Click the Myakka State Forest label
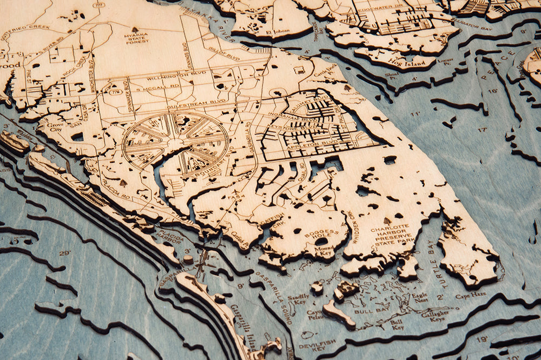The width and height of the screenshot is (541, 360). tap(137, 37)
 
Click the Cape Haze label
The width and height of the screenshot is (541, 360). tap(466, 296)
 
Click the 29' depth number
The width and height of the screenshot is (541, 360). tap(65, 253)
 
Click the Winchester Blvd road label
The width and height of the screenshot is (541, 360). tap(93, 76)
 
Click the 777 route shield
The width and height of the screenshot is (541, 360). tap(98, 5)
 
